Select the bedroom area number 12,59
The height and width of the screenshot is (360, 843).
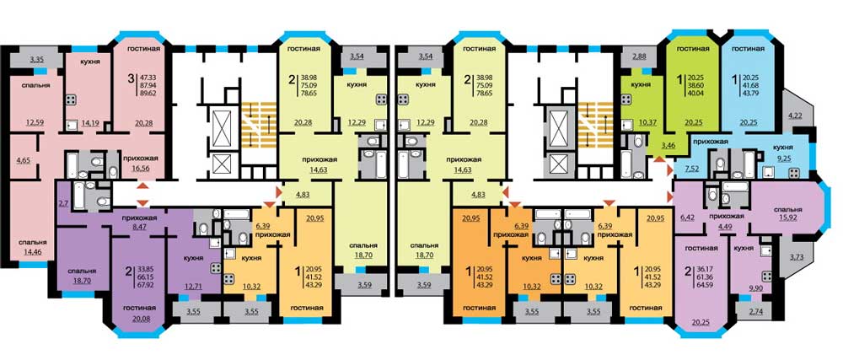click(35, 122)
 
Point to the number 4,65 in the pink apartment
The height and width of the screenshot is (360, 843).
click(23, 160)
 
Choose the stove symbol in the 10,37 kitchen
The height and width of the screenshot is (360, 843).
click(626, 99)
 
